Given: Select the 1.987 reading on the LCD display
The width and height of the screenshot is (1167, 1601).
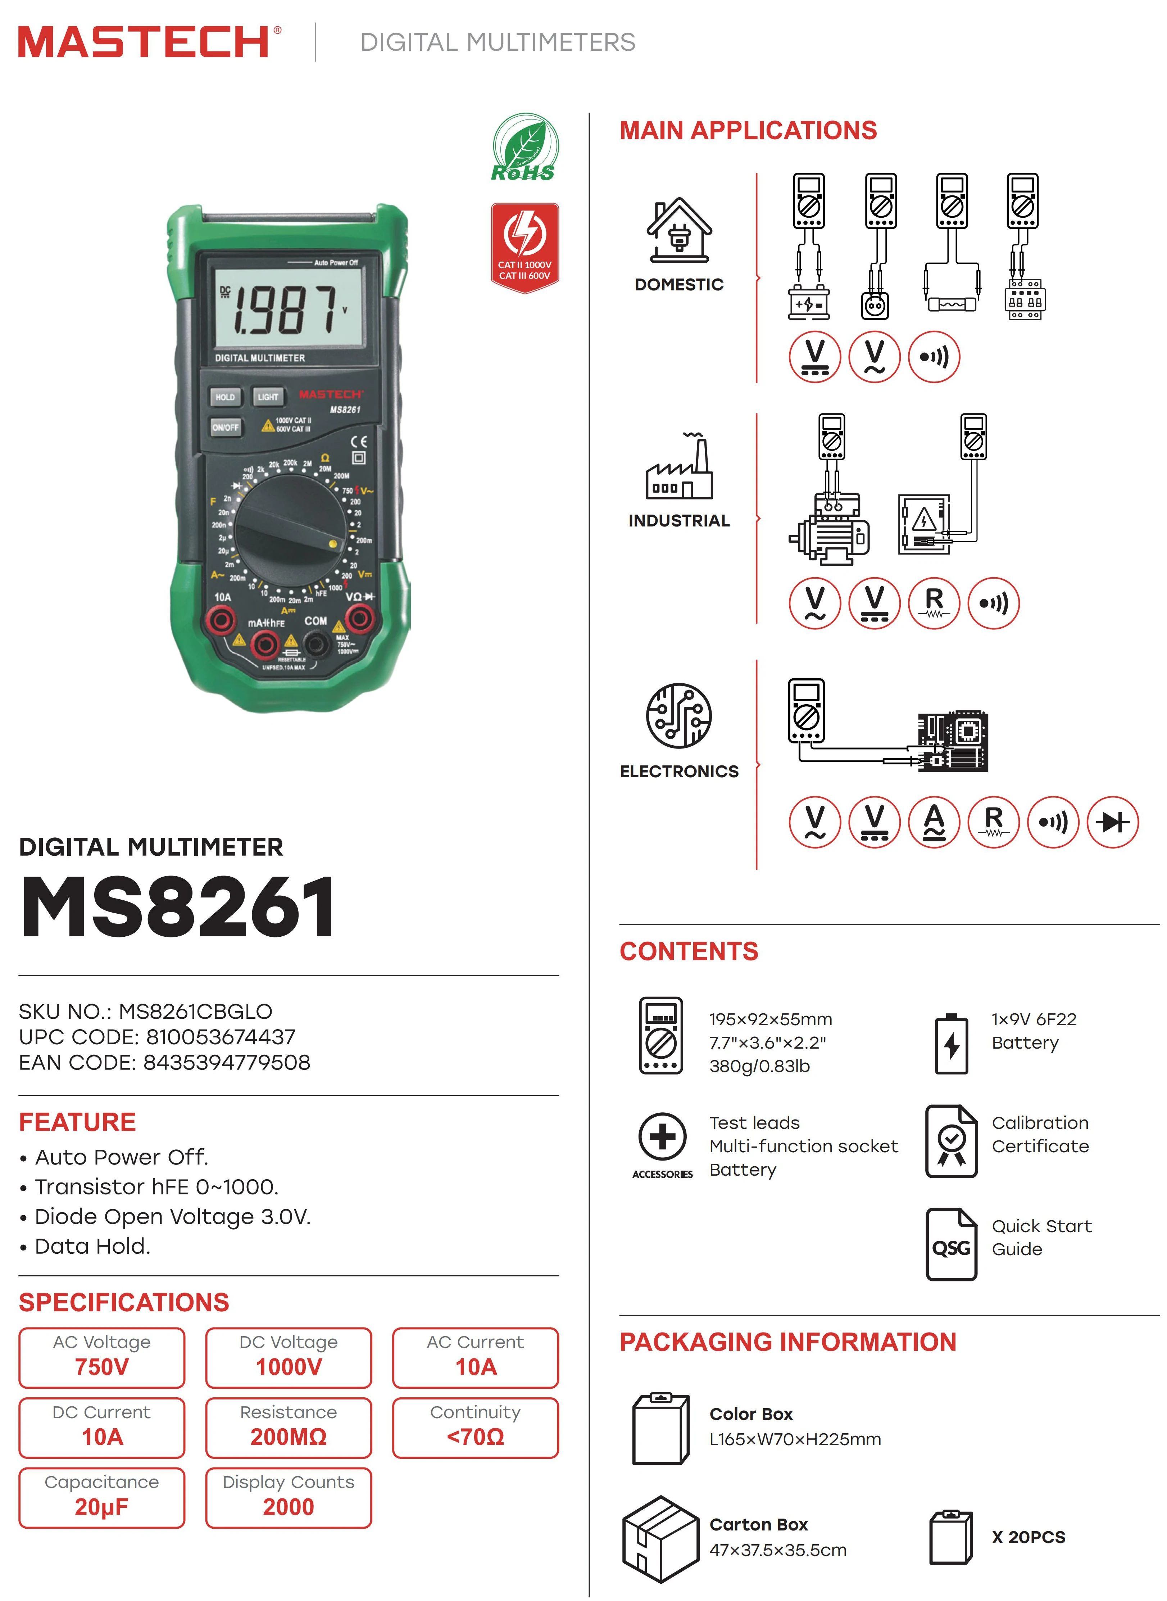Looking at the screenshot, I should click(286, 309).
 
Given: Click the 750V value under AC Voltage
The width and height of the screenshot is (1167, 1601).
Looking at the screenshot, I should click(102, 1367).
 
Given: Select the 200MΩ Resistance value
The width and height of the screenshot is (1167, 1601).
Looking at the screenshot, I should click(288, 1437).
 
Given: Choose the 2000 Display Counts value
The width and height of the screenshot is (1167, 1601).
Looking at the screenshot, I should click(288, 1507).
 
